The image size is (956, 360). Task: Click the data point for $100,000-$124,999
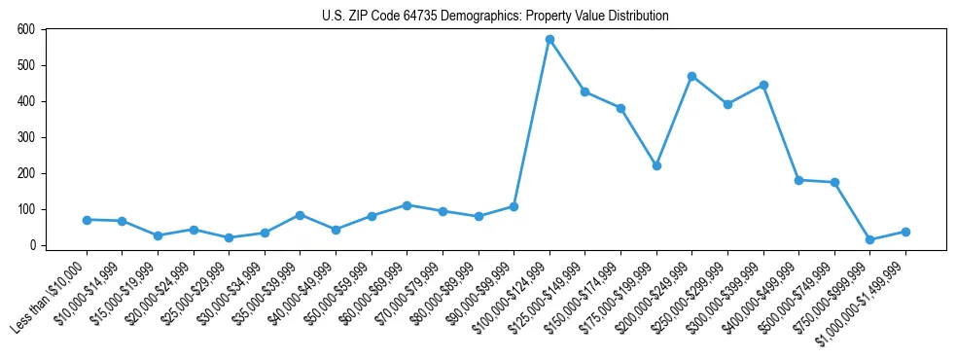pyautogui.click(x=549, y=40)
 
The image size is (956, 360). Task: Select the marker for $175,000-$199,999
pyautogui.click(x=656, y=166)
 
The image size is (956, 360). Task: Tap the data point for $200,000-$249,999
pyautogui.click(x=691, y=76)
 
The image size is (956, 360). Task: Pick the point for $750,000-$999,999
pyautogui.click(x=869, y=240)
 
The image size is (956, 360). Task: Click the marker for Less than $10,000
pyautogui.click(x=87, y=220)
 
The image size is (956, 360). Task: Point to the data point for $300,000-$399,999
pyautogui.click(x=763, y=85)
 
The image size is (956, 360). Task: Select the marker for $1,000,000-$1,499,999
pyautogui.click(x=905, y=232)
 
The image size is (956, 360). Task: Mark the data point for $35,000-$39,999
pyautogui.click(x=300, y=215)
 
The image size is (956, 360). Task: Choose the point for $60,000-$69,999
pyautogui.click(x=407, y=205)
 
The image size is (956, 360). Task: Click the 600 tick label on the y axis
pyautogui.click(x=26, y=30)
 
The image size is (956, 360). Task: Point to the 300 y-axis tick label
pyautogui.click(x=26, y=137)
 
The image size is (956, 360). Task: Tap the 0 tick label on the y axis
pyautogui.click(x=32, y=245)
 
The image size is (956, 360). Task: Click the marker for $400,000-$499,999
pyautogui.click(x=798, y=180)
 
